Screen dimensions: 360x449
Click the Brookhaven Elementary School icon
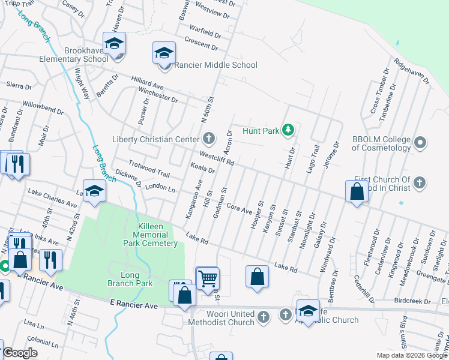click(x=113, y=44)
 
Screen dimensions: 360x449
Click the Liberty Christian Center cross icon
click(x=209, y=139)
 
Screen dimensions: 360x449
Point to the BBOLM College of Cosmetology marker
click(x=420, y=143)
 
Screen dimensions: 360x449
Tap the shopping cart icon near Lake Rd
click(x=207, y=278)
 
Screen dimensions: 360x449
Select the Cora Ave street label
click(x=238, y=208)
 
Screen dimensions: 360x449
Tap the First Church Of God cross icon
click(x=420, y=182)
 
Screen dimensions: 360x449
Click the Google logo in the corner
click(x=20, y=353)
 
